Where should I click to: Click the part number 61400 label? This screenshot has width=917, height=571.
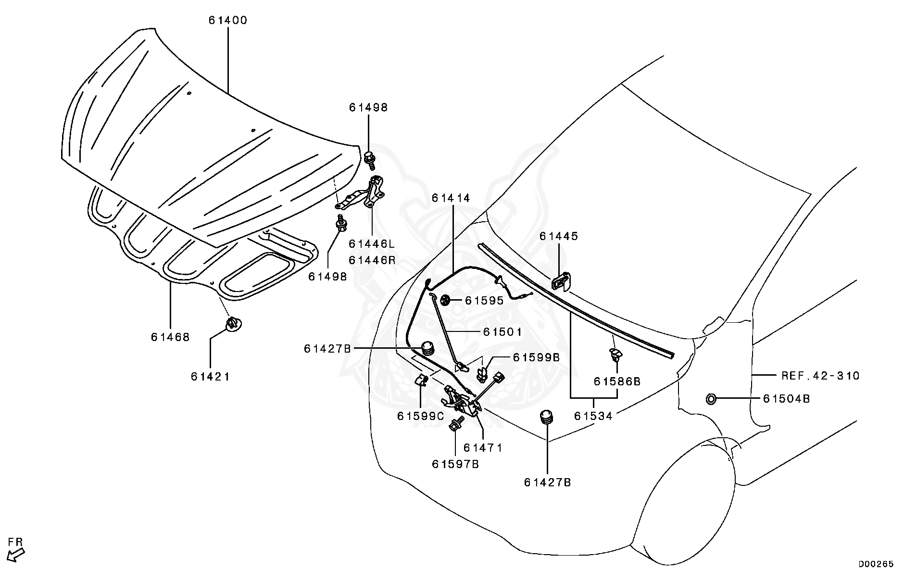pyautogui.click(x=227, y=21)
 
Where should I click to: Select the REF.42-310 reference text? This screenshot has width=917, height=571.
pyautogui.click(x=820, y=376)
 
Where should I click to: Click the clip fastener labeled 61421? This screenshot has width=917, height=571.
pyautogui.click(x=233, y=324)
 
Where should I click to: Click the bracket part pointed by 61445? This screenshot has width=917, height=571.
pyautogui.click(x=561, y=281)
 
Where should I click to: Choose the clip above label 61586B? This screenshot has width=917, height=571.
pyautogui.click(x=616, y=355)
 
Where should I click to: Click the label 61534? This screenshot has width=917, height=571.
pyautogui.click(x=593, y=416)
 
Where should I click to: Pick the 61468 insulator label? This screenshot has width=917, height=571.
pyautogui.click(x=170, y=337)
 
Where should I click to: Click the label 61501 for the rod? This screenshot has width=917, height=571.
pyautogui.click(x=502, y=332)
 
